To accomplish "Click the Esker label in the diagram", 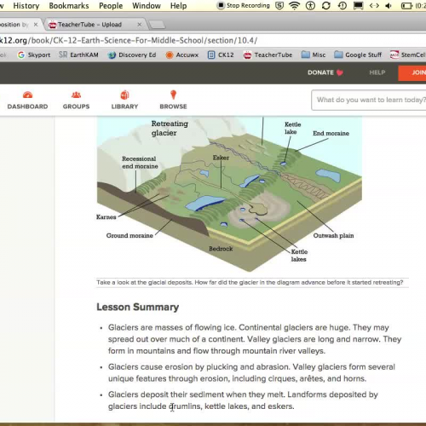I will [221, 158].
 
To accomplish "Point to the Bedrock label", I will [221, 249].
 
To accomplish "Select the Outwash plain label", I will [333, 234].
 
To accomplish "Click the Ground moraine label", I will [130, 235].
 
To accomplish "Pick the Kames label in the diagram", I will [106, 217].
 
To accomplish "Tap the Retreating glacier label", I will [170, 129].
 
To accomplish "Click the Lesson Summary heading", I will [137, 307].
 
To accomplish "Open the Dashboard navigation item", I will [27, 101].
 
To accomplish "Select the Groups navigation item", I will [76, 101].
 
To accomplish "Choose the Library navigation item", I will [124, 101].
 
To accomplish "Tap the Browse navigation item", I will [173, 101].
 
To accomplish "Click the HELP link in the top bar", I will [377, 72].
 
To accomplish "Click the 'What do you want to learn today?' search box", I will [368, 101].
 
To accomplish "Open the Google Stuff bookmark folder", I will [357, 55].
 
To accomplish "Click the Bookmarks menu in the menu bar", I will [68, 6].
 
